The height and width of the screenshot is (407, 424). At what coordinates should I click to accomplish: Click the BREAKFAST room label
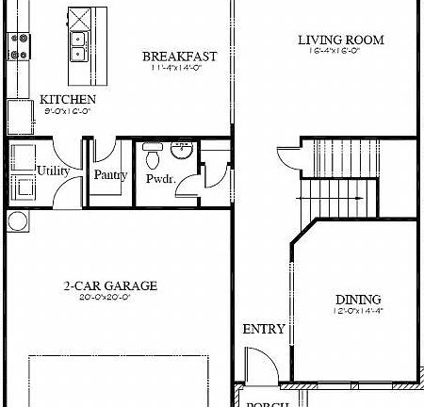[x=179, y=57]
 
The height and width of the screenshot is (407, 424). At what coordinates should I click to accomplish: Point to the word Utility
[x=51, y=171]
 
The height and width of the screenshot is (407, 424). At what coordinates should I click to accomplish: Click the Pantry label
[x=110, y=174]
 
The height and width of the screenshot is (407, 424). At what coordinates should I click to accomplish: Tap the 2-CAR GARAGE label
[x=110, y=285]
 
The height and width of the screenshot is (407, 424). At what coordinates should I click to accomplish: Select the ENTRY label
[x=264, y=329]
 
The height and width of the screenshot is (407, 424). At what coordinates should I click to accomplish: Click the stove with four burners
[x=19, y=46]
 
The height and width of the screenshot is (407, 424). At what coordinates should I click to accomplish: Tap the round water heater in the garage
[x=17, y=221]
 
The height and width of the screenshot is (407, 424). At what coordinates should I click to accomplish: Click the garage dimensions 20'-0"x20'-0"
[x=110, y=298]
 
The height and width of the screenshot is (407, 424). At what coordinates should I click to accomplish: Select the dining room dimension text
[x=357, y=310]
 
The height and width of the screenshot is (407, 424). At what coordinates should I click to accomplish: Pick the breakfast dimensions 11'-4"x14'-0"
[x=179, y=68]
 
